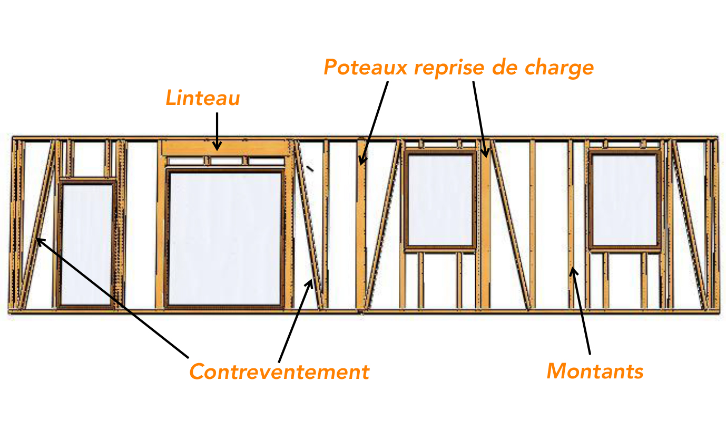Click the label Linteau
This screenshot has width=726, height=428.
pyautogui.click(x=202, y=98)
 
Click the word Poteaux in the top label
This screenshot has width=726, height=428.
pyautogui.click(x=366, y=68)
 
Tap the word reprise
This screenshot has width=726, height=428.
pyautogui.click(x=449, y=69)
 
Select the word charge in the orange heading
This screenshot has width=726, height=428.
pyautogui.click(x=559, y=68)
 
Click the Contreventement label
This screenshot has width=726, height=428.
pyautogui.click(x=279, y=372)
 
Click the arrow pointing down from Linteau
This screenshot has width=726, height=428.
pyautogui.click(x=217, y=131)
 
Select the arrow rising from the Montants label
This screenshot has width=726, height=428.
pyautogui.click(x=581, y=311)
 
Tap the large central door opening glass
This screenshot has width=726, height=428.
pyautogui.click(x=224, y=239)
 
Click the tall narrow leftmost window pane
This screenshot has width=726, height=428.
pyautogui.click(x=86, y=244)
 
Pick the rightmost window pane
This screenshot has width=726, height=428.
pyautogui.click(x=624, y=200)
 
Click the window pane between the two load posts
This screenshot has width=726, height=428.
pyautogui.click(x=440, y=200)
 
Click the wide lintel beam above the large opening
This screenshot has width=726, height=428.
pyautogui.click(x=226, y=148)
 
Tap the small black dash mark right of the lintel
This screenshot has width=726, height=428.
pyautogui.click(x=310, y=168)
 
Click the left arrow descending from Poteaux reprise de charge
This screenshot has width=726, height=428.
pyautogui.click(x=374, y=123)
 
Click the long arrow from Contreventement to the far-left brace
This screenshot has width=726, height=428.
pyautogui.click(x=112, y=298)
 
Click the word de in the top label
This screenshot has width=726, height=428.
pyautogui.click(x=504, y=68)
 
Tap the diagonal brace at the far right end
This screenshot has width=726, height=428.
pyautogui.click(x=690, y=225)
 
